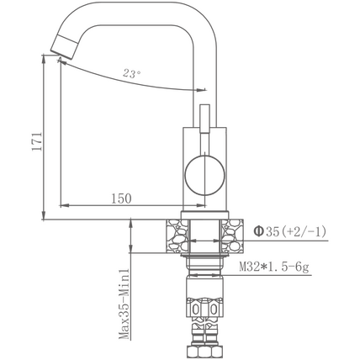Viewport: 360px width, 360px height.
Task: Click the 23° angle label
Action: tap(131, 74)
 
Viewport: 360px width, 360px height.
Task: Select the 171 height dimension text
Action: tap(37, 141)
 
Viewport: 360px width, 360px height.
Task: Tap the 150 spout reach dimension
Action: tap(121, 199)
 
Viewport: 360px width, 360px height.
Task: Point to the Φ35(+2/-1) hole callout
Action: tap(290, 231)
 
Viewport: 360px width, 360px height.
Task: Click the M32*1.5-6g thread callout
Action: tap(274, 267)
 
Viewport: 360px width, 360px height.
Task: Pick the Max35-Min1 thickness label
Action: tap(124, 304)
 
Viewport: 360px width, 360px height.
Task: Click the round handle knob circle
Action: tap(205, 175)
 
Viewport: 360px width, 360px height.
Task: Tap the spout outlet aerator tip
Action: tap(64, 45)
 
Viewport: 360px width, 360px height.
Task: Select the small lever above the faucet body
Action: tap(204, 119)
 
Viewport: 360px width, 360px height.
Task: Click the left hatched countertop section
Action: tap(177, 236)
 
